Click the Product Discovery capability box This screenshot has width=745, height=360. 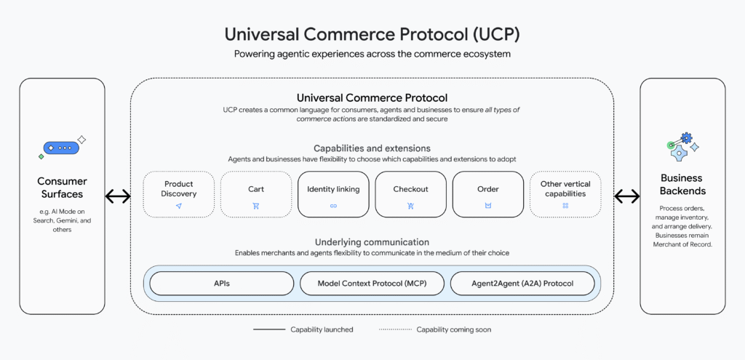178,194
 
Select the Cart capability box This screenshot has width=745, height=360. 255,194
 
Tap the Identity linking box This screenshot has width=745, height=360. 333,194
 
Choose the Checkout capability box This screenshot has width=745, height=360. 410,194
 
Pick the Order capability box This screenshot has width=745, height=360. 487,194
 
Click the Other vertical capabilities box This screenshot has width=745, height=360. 565,194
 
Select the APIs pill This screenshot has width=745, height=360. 222,283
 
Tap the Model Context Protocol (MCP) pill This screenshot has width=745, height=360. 372,283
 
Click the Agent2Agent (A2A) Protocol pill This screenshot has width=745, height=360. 522,283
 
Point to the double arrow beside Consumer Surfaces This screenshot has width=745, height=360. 118,196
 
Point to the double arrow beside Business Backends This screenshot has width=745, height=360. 627,196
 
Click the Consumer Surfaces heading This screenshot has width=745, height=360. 62,188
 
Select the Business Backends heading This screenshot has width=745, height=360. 682,184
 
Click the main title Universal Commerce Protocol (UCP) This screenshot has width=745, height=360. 372,34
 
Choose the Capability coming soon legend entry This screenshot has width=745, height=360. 435,329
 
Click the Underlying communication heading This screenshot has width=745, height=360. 372,241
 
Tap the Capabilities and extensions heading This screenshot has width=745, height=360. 372,148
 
